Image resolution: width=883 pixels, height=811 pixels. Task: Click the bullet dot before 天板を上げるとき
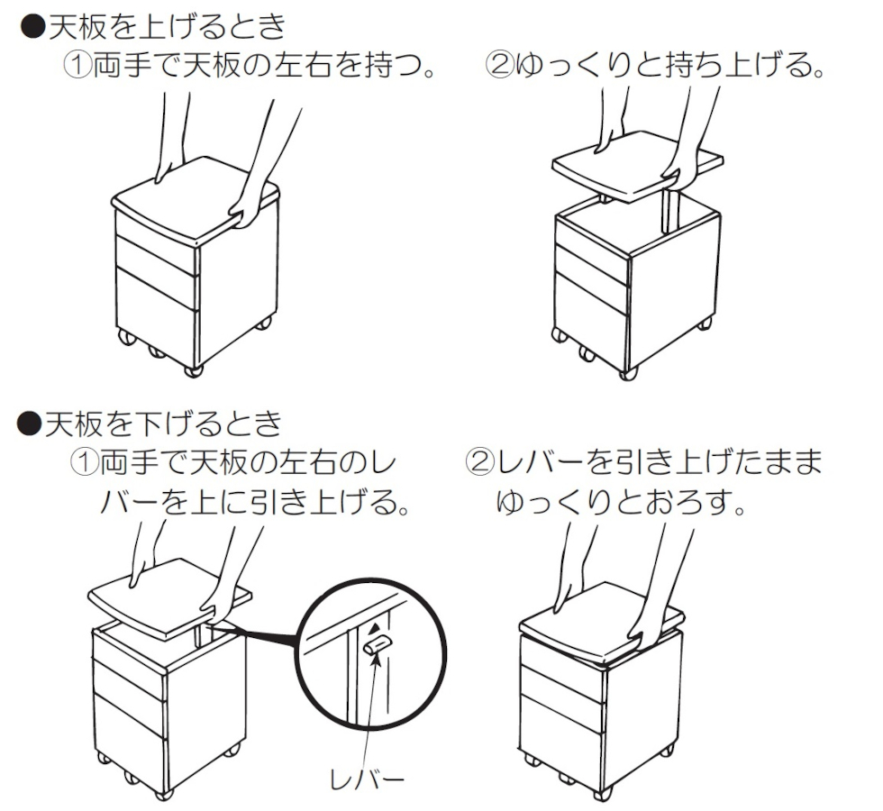[x=32, y=26]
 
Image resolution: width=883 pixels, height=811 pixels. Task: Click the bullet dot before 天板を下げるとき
[x=29, y=423]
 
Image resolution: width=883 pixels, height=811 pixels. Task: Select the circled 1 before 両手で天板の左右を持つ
[x=77, y=67]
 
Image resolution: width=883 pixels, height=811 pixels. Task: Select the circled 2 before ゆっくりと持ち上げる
[x=499, y=65]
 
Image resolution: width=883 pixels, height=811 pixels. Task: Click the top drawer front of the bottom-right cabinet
[x=563, y=653]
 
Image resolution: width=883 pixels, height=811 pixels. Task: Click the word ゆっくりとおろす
[x=620, y=503]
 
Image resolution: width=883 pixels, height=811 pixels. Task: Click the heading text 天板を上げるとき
[x=167, y=27]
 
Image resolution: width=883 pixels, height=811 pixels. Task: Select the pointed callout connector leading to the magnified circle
[x=253, y=633]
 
